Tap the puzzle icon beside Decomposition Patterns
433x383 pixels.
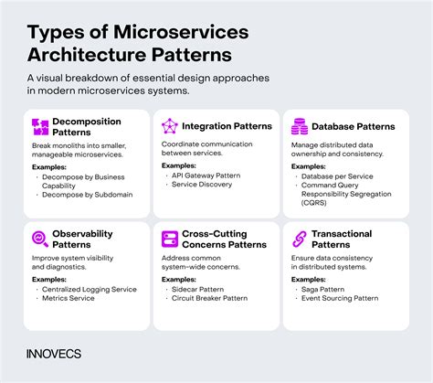pos(40,127)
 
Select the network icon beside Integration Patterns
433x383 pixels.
pos(169,125)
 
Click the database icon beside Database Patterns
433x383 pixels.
pos(298,125)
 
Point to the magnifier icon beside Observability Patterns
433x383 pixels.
pos(40,239)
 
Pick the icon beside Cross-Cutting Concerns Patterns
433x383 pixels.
pos(169,239)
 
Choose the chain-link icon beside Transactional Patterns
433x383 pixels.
pos(298,239)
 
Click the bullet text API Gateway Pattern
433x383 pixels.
pos(207,175)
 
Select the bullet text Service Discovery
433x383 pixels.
pos(203,185)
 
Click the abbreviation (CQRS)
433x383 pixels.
pos(318,204)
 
